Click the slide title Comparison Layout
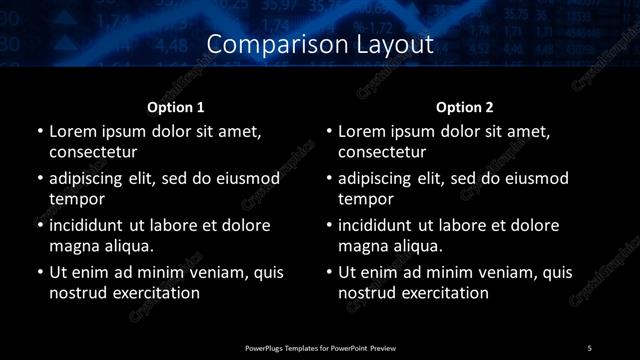(320, 44)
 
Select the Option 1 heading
(176, 106)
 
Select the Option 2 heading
(465, 106)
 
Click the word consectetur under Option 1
(93, 153)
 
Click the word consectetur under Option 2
(382, 153)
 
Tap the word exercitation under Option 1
(155, 294)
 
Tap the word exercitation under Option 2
(444, 294)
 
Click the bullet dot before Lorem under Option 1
(39, 132)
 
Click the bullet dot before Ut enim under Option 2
(328, 272)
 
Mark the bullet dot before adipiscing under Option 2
(328, 179)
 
